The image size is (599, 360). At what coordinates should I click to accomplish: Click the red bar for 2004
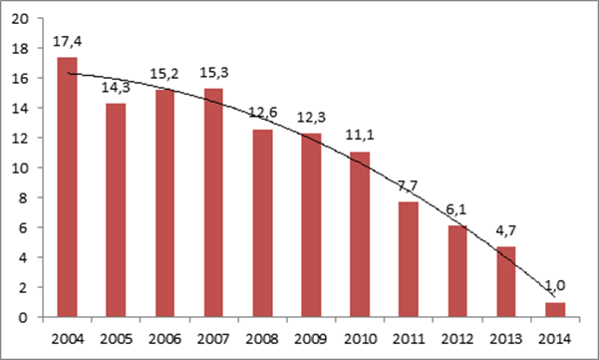67,186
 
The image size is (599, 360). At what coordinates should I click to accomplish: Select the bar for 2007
213,202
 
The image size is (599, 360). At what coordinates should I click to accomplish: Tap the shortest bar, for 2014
555,309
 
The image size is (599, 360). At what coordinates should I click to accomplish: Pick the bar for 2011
409,259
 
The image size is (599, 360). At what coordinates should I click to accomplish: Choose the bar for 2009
311,225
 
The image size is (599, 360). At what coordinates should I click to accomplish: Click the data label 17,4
67,41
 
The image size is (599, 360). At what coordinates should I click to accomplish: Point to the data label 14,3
116,88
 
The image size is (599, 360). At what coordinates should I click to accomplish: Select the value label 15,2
164,74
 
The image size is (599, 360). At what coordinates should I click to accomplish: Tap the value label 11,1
360,135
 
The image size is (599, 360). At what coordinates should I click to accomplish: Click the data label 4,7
505,230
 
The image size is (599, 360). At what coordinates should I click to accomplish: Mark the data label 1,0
555,285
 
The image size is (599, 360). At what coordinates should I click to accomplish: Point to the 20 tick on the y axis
20,18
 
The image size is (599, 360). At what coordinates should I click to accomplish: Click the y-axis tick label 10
20,168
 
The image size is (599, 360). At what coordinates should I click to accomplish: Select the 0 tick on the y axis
24,317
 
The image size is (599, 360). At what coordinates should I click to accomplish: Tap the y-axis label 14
20,108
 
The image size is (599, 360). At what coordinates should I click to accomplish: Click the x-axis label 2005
117,339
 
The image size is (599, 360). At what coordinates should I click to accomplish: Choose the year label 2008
262,339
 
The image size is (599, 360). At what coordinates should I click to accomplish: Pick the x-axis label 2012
457,339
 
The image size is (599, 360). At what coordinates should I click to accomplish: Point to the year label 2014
555,339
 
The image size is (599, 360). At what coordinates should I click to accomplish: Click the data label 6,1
456,209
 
